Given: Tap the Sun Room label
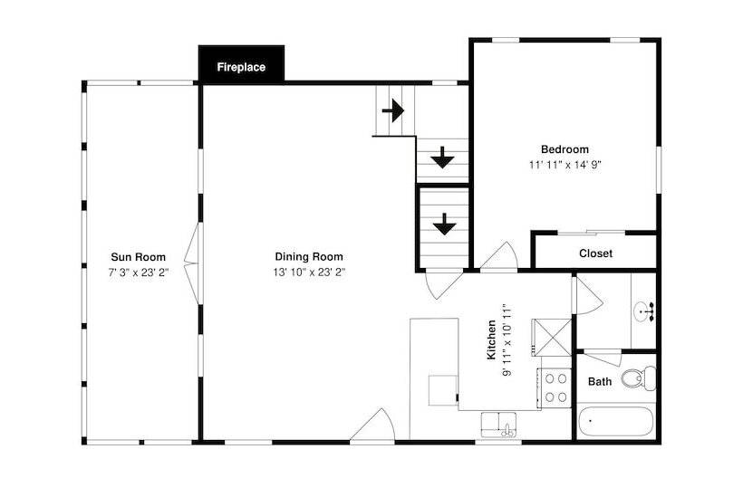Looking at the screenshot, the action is pyautogui.click(x=139, y=257).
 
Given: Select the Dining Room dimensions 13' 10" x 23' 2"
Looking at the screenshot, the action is pyautogui.click(x=309, y=272).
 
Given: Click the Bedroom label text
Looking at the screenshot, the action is pyautogui.click(x=564, y=149).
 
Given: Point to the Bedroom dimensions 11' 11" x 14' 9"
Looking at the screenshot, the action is pyautogui.click(x=564, y=165).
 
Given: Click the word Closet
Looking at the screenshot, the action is pyautogui.click(x=595, y=253).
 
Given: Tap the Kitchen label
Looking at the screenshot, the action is pyautogui.click(x=491, y=339).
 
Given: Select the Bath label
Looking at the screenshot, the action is pyautogui.click(x=600, y=381).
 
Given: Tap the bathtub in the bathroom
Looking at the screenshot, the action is pyautogui.click(x=616, y=421).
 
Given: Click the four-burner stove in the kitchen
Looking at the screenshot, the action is pyautogui.click(x=555, y=388).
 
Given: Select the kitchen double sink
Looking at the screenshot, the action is pyautogui.click(x=499, y=425).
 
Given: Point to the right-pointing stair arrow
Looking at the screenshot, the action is pyautogui.click(x=393, y=111).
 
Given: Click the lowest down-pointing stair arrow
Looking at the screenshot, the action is pyautogui.click(x=444, y=224).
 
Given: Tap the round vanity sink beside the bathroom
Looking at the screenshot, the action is pyautogui.click(x=643, y=311).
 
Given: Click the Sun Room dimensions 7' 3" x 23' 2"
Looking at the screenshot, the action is pyautogui.click(x=139, y=272).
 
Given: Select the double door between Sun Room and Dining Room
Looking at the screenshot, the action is pyautogui.click(x=193, y=263).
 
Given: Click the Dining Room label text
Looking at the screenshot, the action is pyautogui.click(x=309, y=257).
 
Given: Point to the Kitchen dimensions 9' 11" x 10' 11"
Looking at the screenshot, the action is pyautogui.click(x=507, y=339).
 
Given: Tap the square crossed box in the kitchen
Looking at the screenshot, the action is pyautogui.click(x=552, y=338).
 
